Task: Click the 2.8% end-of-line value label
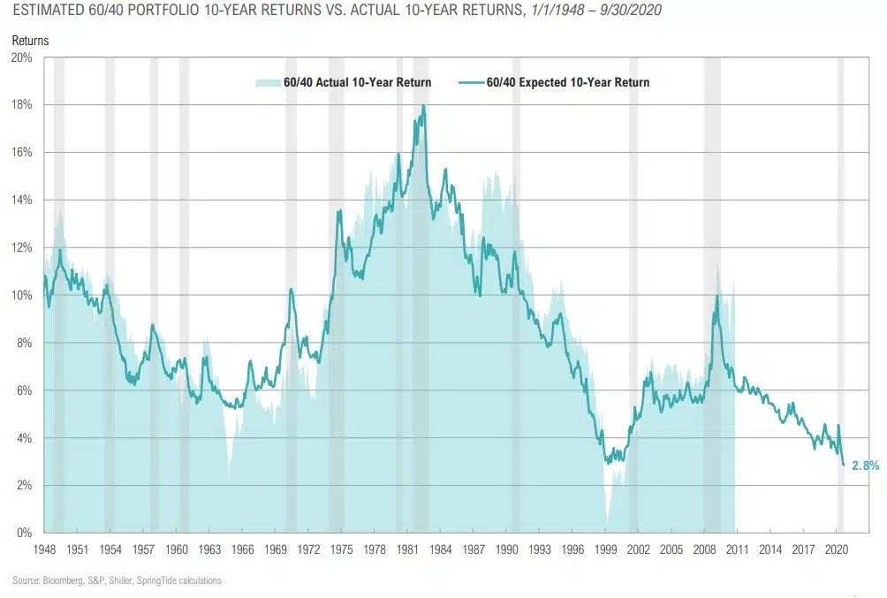865,466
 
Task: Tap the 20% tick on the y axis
21,57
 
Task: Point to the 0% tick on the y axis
24,533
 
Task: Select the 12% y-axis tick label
21,247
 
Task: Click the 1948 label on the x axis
44,549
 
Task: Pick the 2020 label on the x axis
836,549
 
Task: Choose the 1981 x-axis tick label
407,549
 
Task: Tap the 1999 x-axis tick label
605,549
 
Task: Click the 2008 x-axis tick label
704,549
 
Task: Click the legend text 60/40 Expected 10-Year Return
568,83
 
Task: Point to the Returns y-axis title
31,41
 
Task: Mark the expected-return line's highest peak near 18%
424,106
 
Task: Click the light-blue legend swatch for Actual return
268,83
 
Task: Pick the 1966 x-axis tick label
242,549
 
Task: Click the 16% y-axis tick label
21,152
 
